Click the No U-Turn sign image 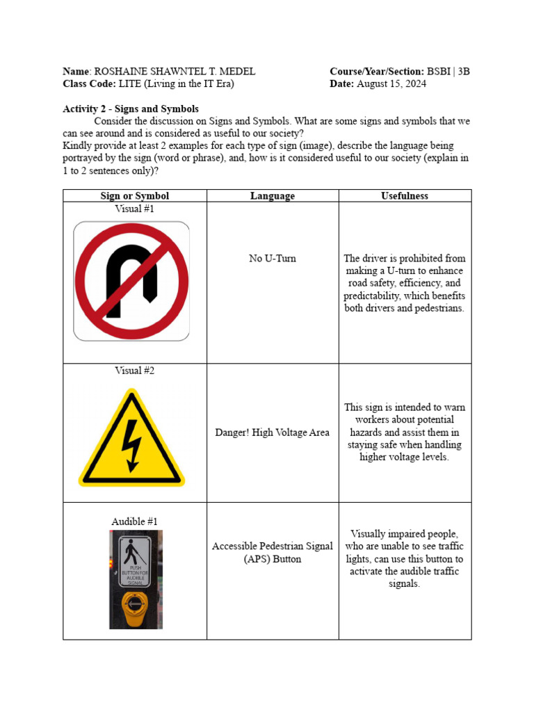tap(131, 281)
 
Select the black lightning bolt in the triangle tap(131, 446)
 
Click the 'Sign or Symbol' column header tap(135, 196)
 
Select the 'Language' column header tap(272, 196)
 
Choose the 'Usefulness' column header tap(405, 196)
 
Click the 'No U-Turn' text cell tap(272, 259)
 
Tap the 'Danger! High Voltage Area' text tap(272, 432)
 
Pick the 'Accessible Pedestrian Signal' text tap(272, 547)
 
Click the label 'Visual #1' tap(135, 209)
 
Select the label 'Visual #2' tap(135, 371)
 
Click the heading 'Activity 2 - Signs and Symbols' tap(131, 109)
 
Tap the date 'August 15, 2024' tap(391, 84)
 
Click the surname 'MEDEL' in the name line tap(238, 72)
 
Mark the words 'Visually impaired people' tap(404, 534)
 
